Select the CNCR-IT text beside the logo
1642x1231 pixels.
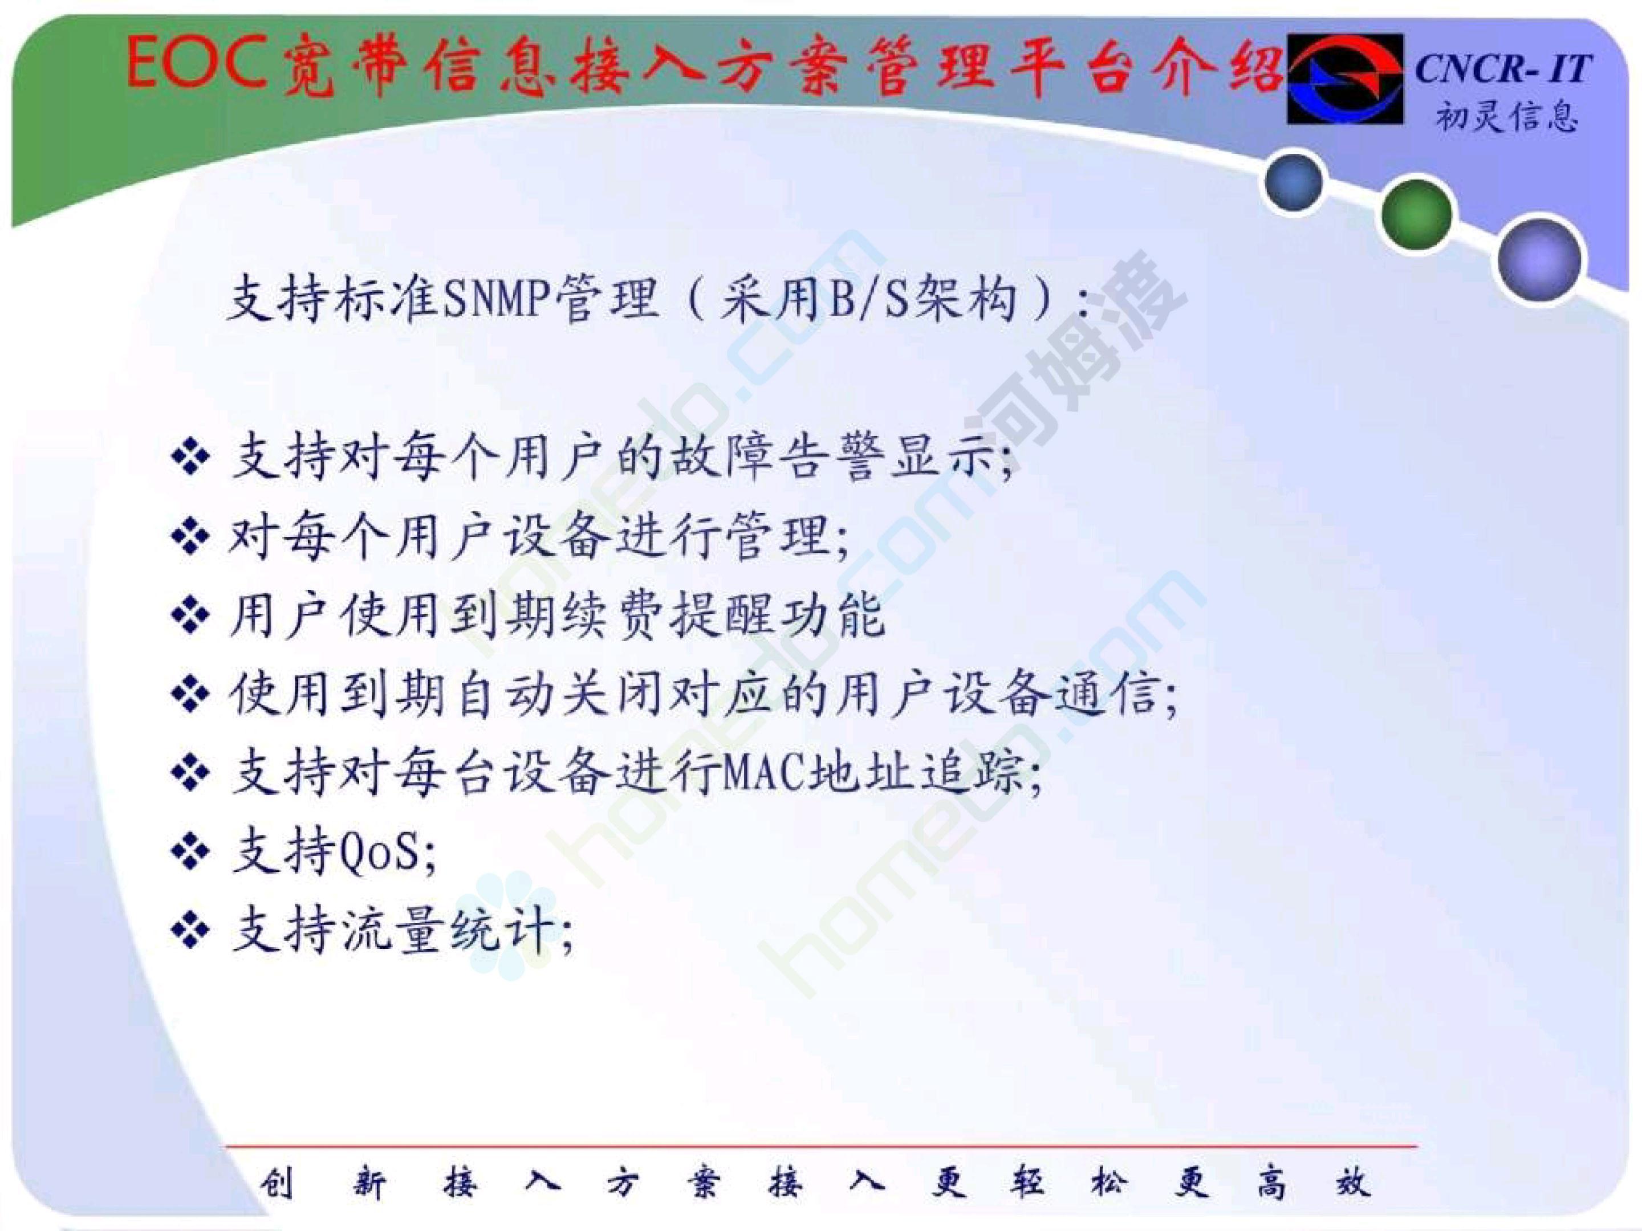1503,68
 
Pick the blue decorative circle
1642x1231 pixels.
1294,180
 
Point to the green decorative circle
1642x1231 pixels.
1416,214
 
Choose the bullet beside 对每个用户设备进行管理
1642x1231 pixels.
191,536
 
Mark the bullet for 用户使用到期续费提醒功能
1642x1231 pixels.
191,616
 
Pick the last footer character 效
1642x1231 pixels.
1352,1183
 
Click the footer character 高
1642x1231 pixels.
1270,1183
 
